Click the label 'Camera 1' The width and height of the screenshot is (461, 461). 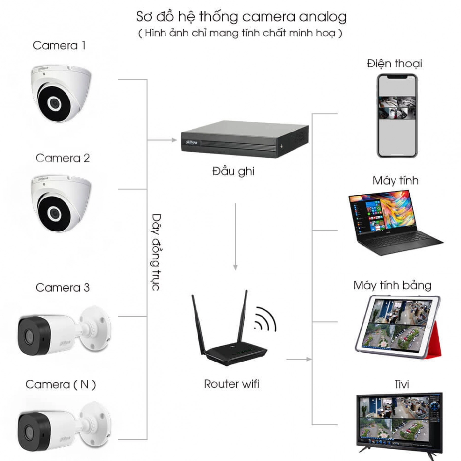tap(59, 46)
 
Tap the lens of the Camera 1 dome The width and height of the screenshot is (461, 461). tap(54, 103)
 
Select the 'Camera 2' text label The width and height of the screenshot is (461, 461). tap(63, 158)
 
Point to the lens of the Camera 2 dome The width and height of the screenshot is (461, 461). tap(54, 213)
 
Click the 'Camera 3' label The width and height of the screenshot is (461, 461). tap(63, 287)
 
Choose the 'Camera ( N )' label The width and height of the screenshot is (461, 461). tap(61, 384)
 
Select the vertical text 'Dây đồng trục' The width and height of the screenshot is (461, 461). tap(156, 252)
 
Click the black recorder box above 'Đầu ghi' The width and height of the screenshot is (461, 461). tap(245, 139)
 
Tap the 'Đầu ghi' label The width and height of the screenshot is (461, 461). tap(233, 171)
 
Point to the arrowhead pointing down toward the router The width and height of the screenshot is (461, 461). tap(235, 267)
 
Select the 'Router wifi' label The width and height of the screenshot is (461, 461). tap(231, 384)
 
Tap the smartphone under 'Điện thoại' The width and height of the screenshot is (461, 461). tap(397, 116)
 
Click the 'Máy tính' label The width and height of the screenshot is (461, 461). tap(395, 181)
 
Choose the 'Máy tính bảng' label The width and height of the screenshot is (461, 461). tap(393, 285)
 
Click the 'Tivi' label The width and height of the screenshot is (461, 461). tap(401, 384)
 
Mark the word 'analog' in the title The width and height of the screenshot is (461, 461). tap(323, 17)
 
